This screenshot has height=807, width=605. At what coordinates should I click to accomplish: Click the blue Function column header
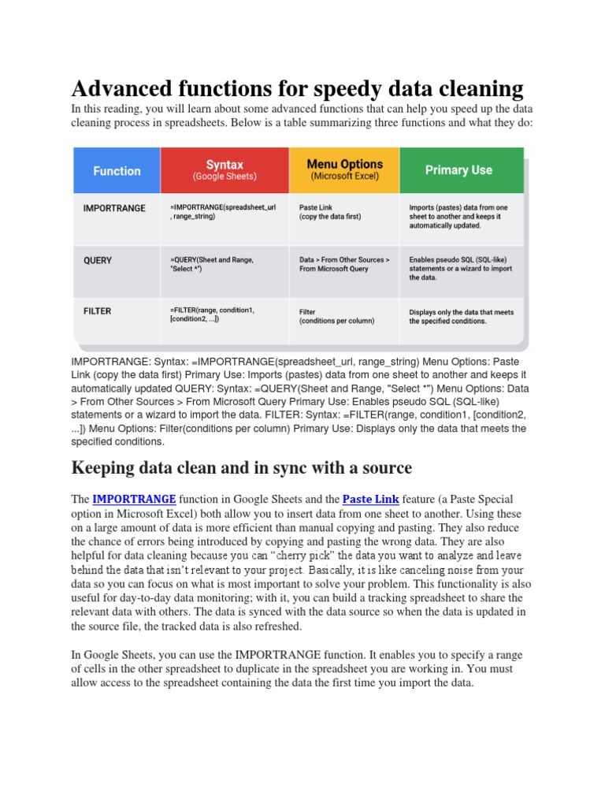[117, 170]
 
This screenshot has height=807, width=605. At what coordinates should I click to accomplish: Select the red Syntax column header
[225, 170]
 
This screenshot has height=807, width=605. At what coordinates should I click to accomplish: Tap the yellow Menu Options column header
[344, 170]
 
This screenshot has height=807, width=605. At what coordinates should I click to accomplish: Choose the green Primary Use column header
[458, 170]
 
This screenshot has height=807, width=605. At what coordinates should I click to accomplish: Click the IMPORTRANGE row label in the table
[115, 208]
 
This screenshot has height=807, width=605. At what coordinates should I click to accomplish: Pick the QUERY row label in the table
[98, 260]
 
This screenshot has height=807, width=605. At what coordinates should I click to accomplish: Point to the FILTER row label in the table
[97, 311]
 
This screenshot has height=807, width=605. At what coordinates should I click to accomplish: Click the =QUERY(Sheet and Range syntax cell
[211, 264]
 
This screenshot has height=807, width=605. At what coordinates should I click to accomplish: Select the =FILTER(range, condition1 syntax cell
[212, 314]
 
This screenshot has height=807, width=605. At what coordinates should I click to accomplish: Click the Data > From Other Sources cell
[343, 264]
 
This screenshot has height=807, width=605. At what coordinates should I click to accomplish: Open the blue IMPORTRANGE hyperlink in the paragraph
[134, 499]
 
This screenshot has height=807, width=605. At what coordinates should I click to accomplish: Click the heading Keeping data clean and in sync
[241, 468]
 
